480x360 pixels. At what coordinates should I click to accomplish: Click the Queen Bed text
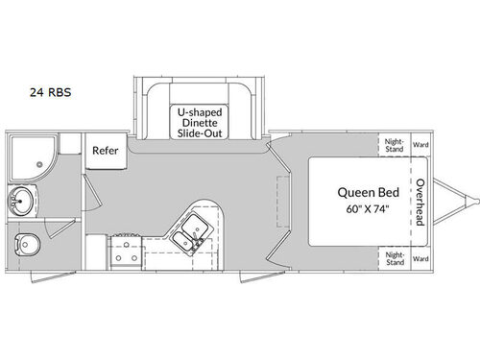click(362, 190)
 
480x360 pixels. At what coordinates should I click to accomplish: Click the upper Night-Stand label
click(395, 145)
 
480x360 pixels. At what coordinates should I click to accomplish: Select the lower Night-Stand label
click(395, 258)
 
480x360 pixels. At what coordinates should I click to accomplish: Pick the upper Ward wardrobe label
click(420, 145)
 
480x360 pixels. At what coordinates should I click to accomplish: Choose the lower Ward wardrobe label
click(420, 257)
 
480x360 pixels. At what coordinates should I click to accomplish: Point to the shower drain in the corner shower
click(38, 164)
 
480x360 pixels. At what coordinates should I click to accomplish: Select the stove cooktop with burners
click(125, 252)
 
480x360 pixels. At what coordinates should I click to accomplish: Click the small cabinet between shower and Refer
click(69, 146)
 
